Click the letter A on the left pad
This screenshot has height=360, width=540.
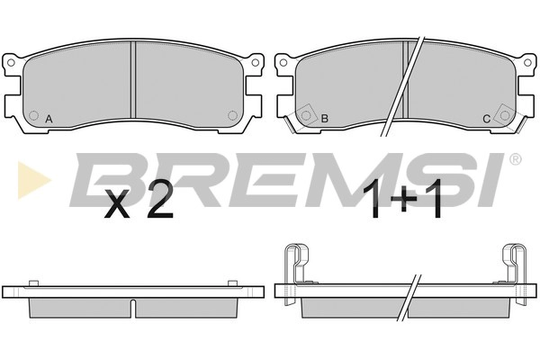pos(49,119)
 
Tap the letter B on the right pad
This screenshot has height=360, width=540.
pos(324,119)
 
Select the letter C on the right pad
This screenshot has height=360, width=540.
pos(486,119)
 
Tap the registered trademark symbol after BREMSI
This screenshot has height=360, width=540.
pos(515,159)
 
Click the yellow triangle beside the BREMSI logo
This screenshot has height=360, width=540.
pos(34,180)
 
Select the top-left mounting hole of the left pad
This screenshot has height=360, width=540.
pos(11,63)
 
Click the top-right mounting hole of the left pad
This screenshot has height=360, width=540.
pos(256,63)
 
